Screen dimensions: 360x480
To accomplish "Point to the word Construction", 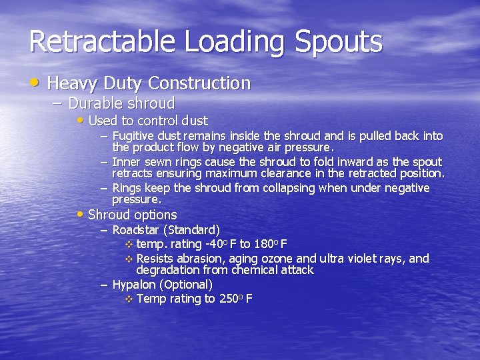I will coord(199,83).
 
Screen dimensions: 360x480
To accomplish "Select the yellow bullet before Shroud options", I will coord(81,215).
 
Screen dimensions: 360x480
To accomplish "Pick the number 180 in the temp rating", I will coord(266,244).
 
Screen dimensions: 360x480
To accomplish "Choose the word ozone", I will coord(275,258).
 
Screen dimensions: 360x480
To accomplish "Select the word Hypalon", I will coord(133,285).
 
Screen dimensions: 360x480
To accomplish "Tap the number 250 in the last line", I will coord(228,299).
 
